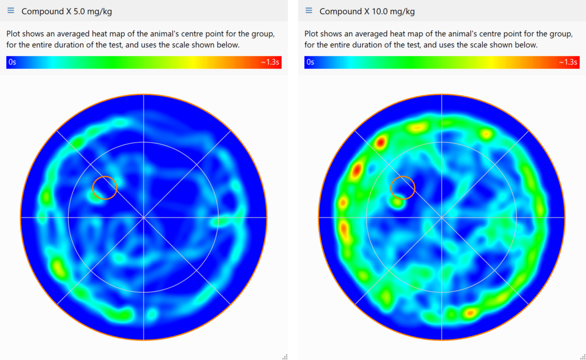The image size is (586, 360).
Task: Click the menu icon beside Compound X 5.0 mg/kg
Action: [x=11, y=11]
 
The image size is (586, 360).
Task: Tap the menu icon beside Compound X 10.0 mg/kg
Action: [x=309, y=11]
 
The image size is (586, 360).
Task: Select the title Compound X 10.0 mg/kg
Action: [x=367, y=11]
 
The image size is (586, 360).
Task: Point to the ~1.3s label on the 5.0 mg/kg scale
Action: [x=270, y=62]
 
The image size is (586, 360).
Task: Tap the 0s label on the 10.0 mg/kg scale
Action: [x=310, y=62]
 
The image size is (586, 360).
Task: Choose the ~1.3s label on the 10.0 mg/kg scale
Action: [x=568, y=62]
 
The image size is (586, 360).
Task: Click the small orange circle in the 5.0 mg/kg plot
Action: [x=105, y=188]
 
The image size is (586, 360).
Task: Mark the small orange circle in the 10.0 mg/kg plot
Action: [x=403, y=188]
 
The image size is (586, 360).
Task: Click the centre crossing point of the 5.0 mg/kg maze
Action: [x=143, y=218]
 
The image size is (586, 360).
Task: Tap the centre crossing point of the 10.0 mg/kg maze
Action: [x=442, y=218]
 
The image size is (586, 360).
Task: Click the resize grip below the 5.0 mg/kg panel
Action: [x=285, y=356]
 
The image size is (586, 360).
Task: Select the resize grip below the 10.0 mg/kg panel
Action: [x=582, y=356]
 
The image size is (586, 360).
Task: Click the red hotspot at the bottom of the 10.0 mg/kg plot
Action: [x=469, y=312]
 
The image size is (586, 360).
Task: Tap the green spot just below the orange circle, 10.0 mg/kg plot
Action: [x=397, y=202]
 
